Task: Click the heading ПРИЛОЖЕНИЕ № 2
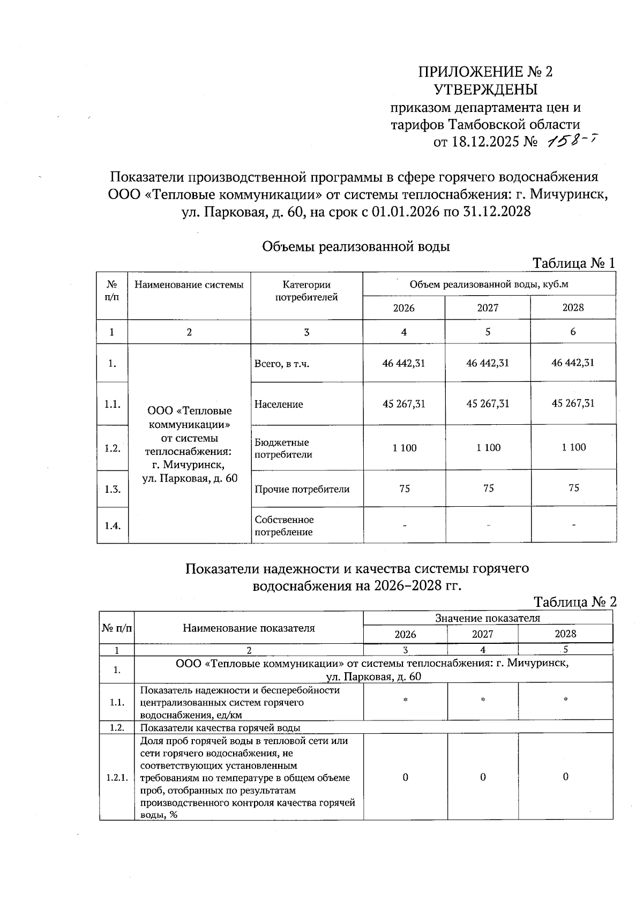point(485,72)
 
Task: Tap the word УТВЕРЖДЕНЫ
point(485,89)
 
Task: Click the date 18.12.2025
point(486,142)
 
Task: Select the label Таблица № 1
point(573,263)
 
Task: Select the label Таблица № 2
point(575,602)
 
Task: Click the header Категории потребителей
point(306,291)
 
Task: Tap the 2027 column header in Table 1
point(488,308)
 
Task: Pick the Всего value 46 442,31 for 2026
point(403,363)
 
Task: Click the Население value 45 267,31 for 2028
point(573,403)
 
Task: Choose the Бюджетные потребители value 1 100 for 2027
point(488,448)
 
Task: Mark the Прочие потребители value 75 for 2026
point(405,489)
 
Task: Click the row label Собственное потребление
point(284,526)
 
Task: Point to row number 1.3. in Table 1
point(112,489)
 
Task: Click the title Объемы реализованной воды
point(356,246)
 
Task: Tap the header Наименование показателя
point(249,628)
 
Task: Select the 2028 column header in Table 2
point(565,634)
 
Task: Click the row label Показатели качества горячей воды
point(220,727)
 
